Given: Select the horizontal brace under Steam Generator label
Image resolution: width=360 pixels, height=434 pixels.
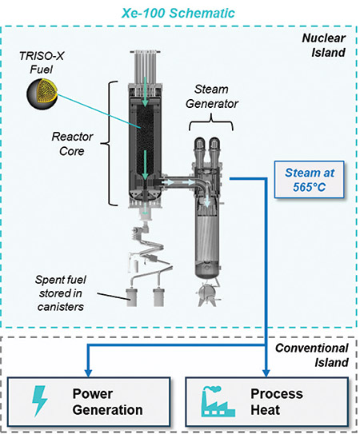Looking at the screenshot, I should point(209,121).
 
